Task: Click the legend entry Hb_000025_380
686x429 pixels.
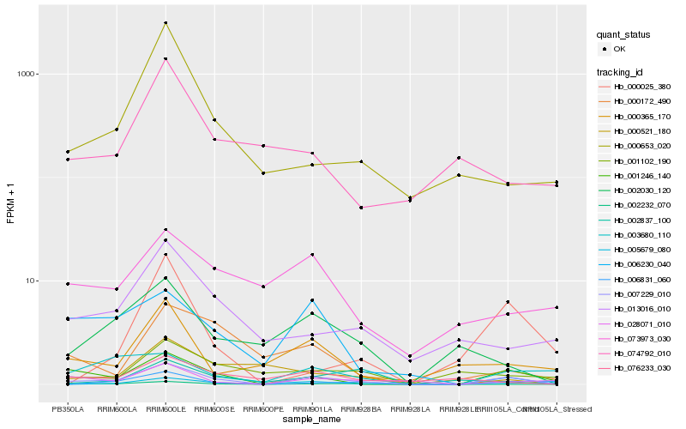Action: [x=635, y=87]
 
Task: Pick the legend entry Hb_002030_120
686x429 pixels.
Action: [x=635, y=190]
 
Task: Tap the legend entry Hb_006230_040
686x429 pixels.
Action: [x=635, y=264]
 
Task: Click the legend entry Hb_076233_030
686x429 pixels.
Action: [x=635, y=368]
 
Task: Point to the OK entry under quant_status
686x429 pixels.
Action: [x=618, y=49]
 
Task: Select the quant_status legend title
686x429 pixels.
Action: [x=624, y=34]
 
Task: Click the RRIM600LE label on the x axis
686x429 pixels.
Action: [x=165, y=409]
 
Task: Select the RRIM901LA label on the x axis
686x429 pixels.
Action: [x=312, y=409]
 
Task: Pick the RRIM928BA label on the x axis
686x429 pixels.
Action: [x=361, y=409]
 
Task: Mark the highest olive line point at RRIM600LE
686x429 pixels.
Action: [x=165, y=23]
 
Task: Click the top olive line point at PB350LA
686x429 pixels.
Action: [x=67, y=152]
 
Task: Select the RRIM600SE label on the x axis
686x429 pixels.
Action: [x=214, y=409]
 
